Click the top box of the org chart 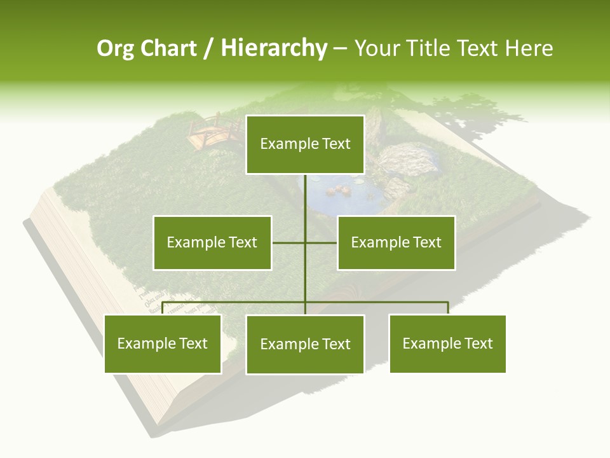305,144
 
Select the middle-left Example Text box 212,242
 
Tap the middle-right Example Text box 396,242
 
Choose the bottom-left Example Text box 163,343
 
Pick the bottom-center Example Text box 305,344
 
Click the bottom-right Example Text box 447,343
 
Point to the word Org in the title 115,48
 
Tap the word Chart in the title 168,48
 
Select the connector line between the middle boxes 289,242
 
